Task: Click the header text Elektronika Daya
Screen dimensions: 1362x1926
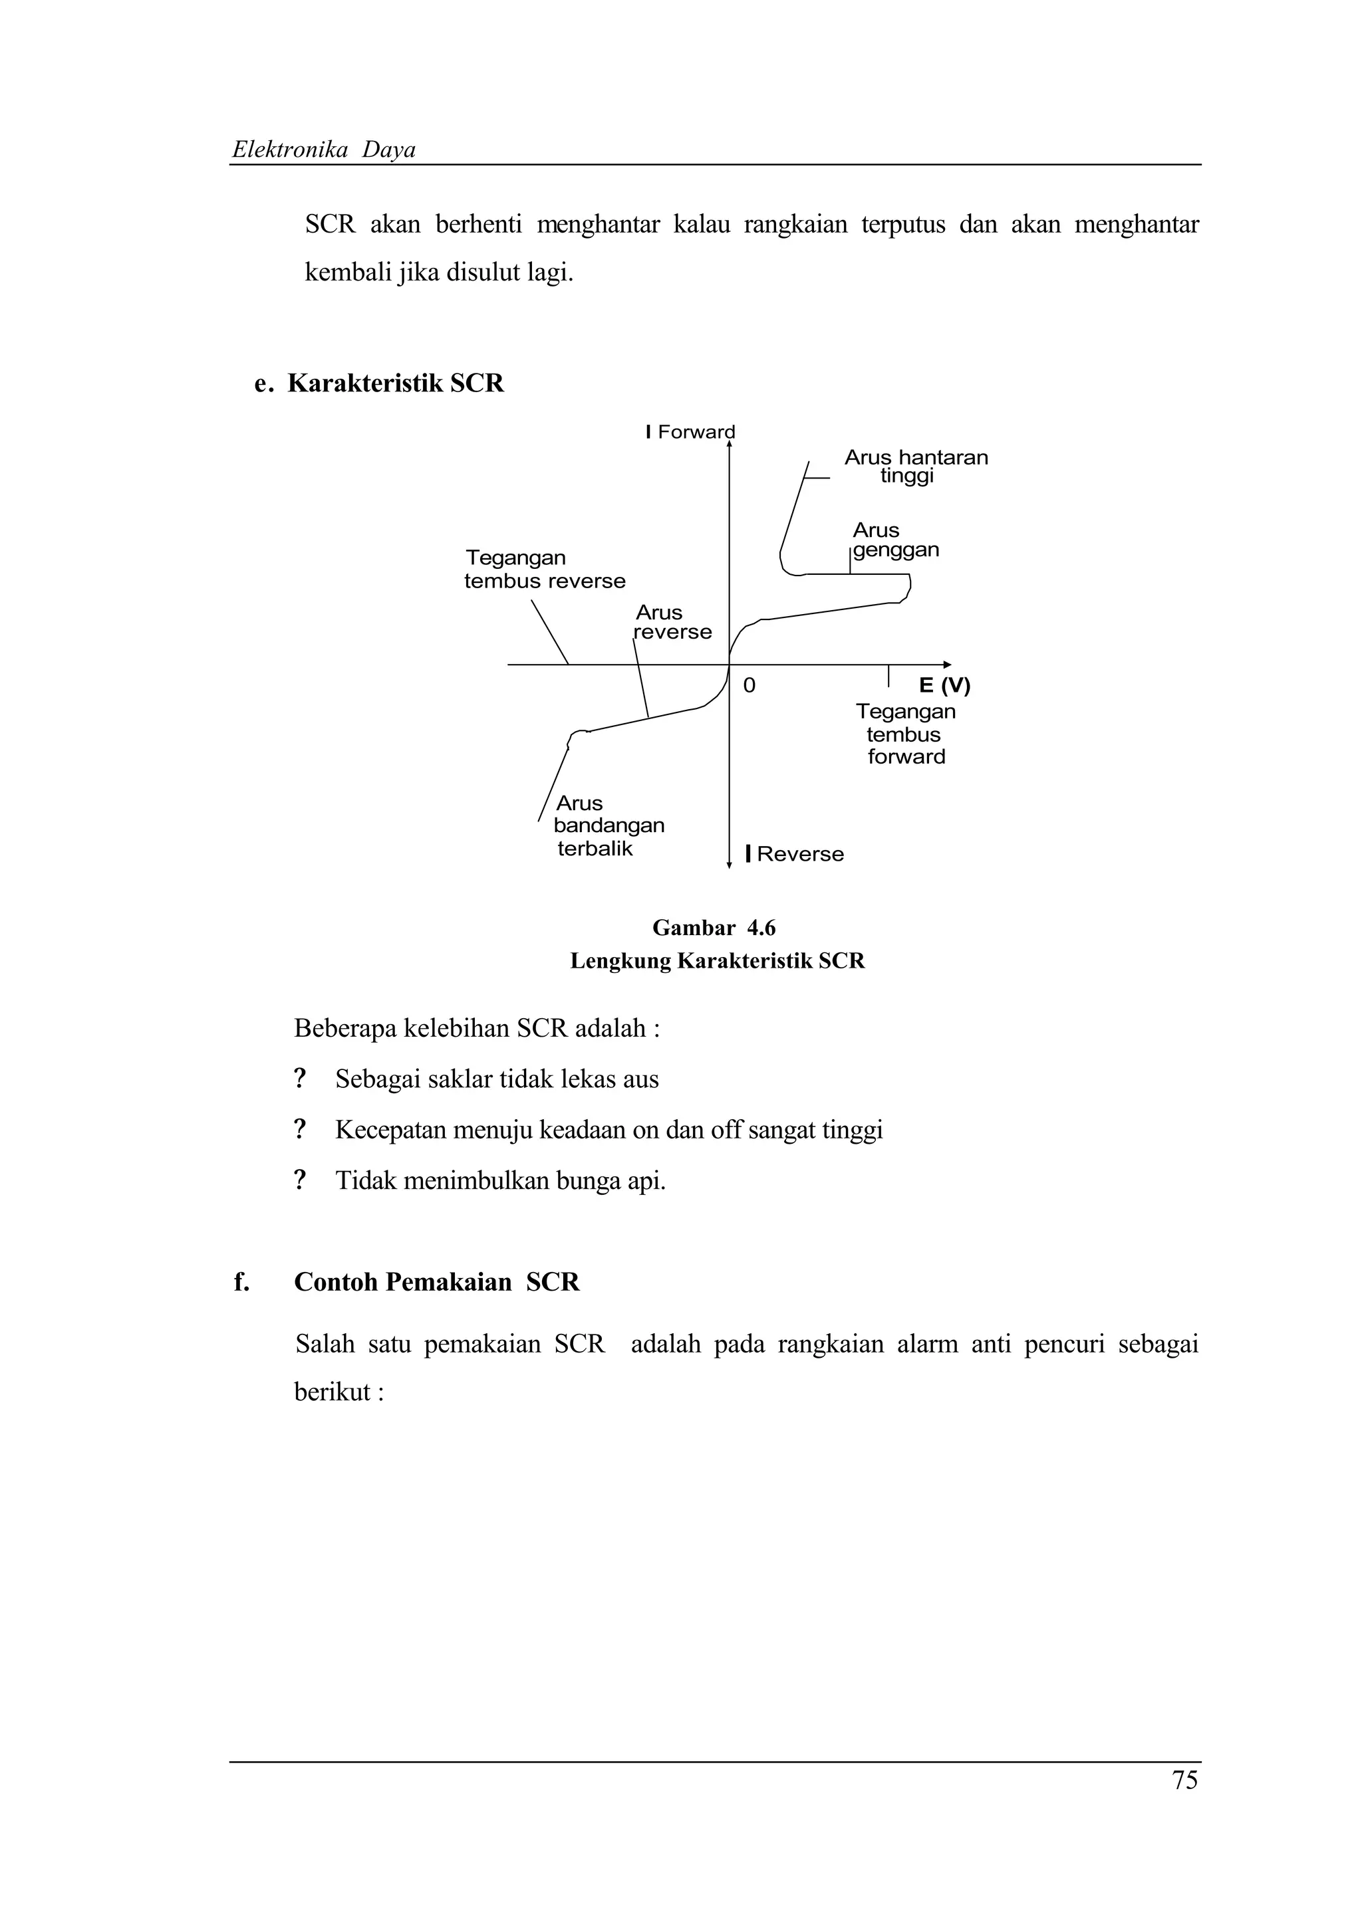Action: [324, 150]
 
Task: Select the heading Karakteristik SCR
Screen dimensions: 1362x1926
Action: [395, 383]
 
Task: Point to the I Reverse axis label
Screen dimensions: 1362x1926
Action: [795, 854]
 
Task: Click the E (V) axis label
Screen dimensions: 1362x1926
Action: [944, 685]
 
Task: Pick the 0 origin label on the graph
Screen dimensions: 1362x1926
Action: [749, 685]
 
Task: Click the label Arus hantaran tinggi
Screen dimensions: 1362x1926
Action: [916, 467]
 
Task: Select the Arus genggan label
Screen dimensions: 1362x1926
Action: [894, 540]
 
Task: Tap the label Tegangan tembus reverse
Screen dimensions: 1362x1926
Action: [545, 570]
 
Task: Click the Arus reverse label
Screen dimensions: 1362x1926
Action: [672, 623]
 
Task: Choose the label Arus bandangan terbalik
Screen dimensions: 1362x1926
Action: [609, 825]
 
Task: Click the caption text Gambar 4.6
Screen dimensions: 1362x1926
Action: [714, 928]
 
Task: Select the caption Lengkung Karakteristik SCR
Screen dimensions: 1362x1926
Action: [718, 960]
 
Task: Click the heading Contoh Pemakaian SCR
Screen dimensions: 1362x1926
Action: [436, 1282]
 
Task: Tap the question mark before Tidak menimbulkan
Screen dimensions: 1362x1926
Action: [299, 1180]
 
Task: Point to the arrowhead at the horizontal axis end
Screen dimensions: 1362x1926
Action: [948, 665]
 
